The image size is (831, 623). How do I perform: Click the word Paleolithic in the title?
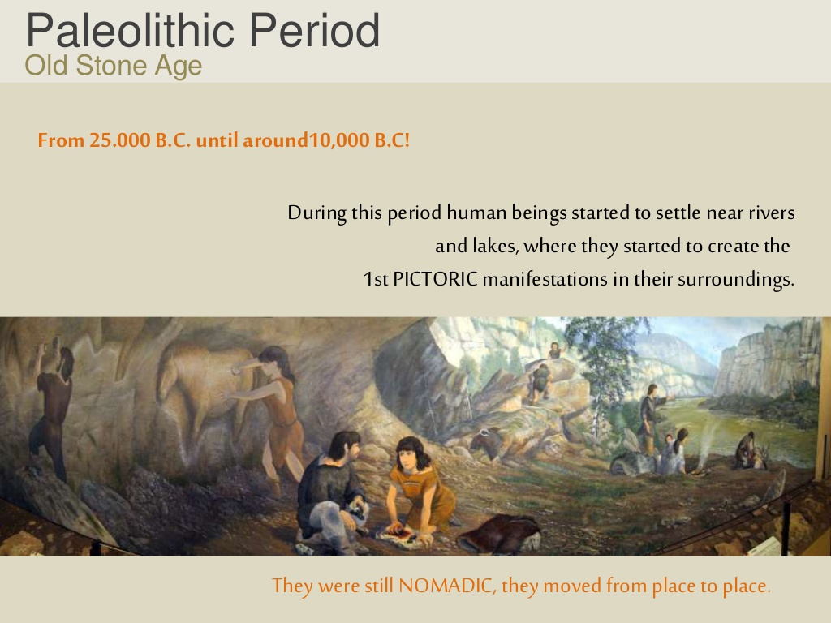131,31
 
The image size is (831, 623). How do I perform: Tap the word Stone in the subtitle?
112,66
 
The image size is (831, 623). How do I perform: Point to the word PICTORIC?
435,279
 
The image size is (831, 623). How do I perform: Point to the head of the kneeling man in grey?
344,445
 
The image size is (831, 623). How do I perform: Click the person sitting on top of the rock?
554,350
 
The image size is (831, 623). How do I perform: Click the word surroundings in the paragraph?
736,279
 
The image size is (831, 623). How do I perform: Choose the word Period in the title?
314,31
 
